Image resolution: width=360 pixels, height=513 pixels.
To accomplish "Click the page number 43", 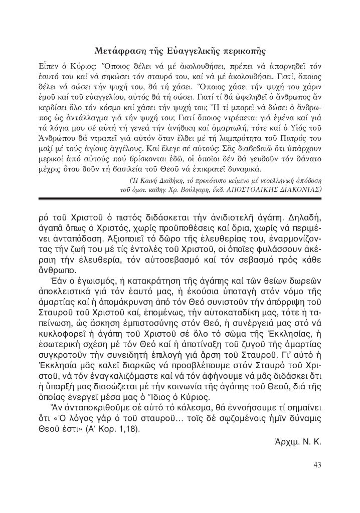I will pyautogui.click(x=317, y=464).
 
